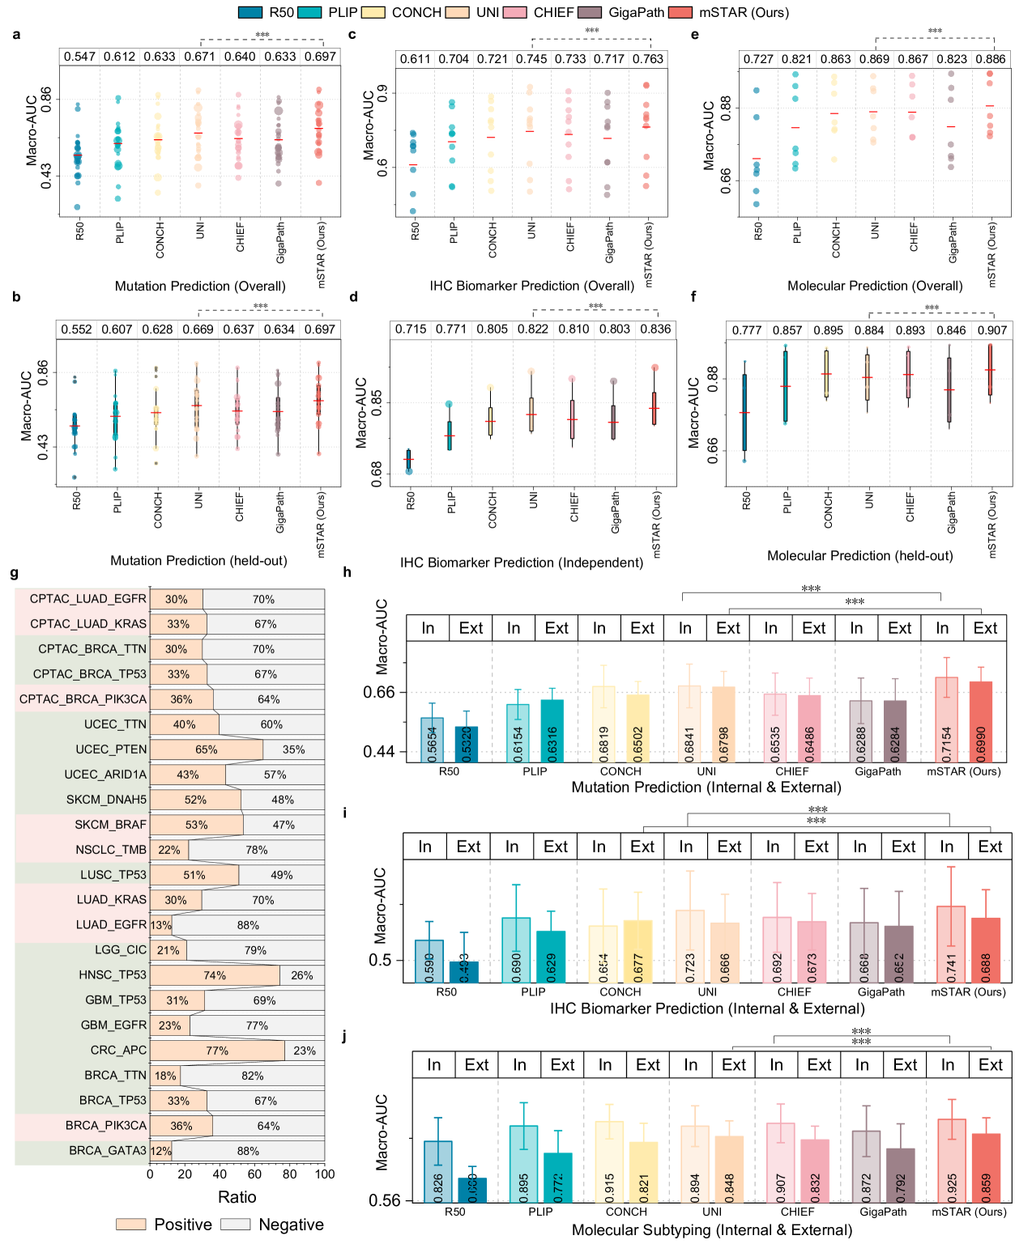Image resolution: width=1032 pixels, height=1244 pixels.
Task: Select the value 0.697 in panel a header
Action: (x=320, y=57)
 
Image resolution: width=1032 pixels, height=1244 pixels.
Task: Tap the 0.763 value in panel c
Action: (x=647, y=59)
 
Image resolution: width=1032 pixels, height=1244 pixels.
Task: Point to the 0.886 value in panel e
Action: (x=990, y=59)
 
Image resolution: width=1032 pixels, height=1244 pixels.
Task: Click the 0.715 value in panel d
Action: (x=410, y=329)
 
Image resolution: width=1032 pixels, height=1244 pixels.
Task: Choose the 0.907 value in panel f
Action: (x=991, y=330)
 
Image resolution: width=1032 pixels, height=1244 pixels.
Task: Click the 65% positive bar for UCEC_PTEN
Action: (x=206, y=749)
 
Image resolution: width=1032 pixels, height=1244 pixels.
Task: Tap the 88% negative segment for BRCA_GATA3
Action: (x=248, y=1151)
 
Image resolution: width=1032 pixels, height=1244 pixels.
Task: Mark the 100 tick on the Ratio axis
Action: (x=324, y=1174)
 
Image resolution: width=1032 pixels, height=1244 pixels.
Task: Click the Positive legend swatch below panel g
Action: (x=130, y=1225)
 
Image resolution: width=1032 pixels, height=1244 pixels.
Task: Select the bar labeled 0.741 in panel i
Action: (x=950, y=944)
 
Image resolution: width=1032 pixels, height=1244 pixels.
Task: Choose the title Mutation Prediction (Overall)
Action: (x=200, y=286)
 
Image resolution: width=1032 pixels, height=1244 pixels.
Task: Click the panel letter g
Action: (x=15, y=573)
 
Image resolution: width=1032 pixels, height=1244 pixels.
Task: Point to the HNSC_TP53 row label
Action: (x=113, y=975)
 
